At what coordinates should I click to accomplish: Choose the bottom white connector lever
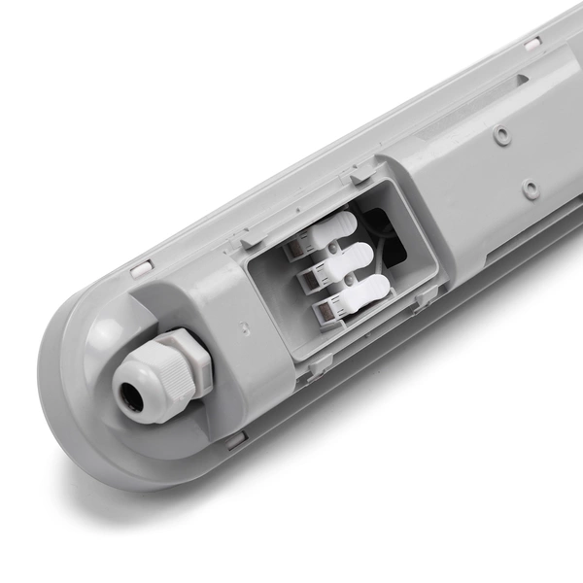pos(364,291)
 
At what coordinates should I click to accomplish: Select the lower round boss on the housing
pos(530,188)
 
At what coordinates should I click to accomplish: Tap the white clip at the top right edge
pos(532,44)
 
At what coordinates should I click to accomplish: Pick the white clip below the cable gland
pos(235,439)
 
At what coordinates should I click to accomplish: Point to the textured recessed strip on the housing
pos(457,107)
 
